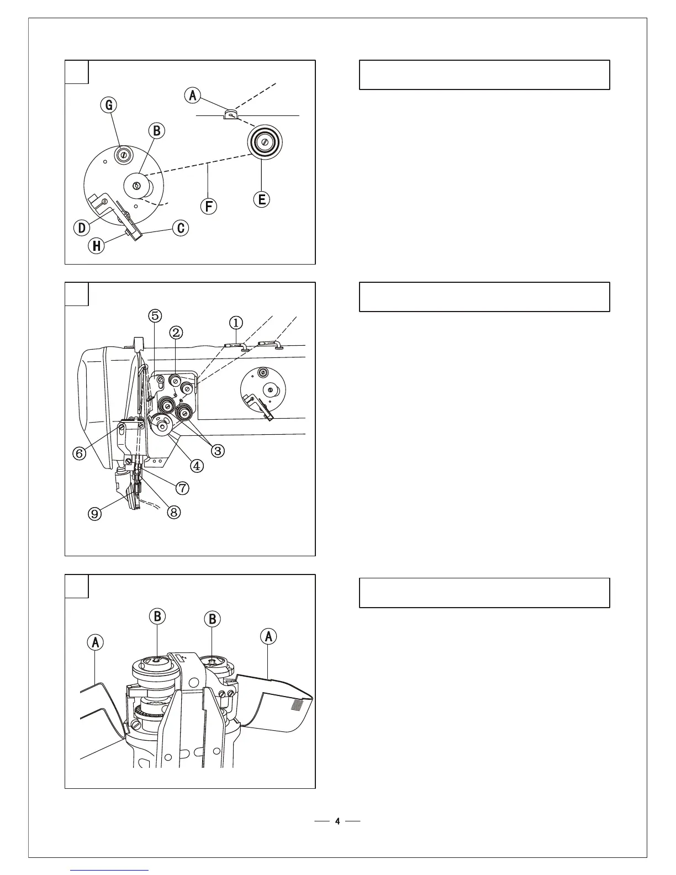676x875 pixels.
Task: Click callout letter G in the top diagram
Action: point(109,104)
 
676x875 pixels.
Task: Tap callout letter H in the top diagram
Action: point(96,246)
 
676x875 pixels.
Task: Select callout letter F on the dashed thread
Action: point(209,206)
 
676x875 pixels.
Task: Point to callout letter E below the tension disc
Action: point(262,199)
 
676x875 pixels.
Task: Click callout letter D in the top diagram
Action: point(82,227)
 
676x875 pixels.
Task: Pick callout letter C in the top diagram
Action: point(181,228)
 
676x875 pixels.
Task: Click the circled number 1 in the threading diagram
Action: point(236,322)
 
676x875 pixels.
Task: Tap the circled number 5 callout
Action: point(155,315)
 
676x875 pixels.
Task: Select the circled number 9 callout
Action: point(96,514)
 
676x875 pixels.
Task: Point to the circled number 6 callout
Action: point(80,453)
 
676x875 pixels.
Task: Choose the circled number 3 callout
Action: point(218,451)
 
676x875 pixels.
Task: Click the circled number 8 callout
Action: point(173,512)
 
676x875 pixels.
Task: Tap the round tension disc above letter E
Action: point(265,142)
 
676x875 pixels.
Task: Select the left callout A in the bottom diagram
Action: point(96,642)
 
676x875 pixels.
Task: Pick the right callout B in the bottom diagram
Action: point(213,619)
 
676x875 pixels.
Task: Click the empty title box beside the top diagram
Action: point(484,75)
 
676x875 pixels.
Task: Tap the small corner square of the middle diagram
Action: point(77,294)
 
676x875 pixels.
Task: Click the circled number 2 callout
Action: point(176,332)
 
